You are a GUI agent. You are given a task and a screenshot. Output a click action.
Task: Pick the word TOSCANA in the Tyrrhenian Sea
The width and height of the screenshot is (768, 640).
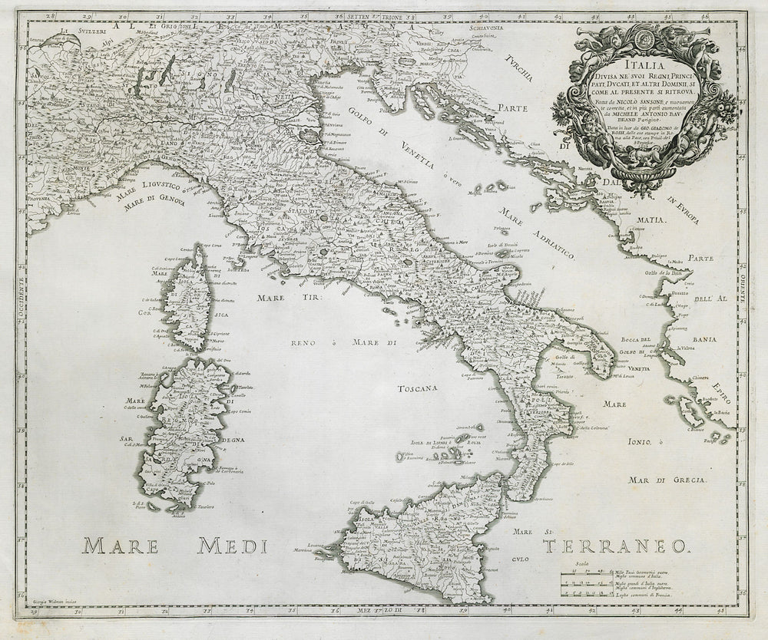pyautogui.click(x=417, y=389)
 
